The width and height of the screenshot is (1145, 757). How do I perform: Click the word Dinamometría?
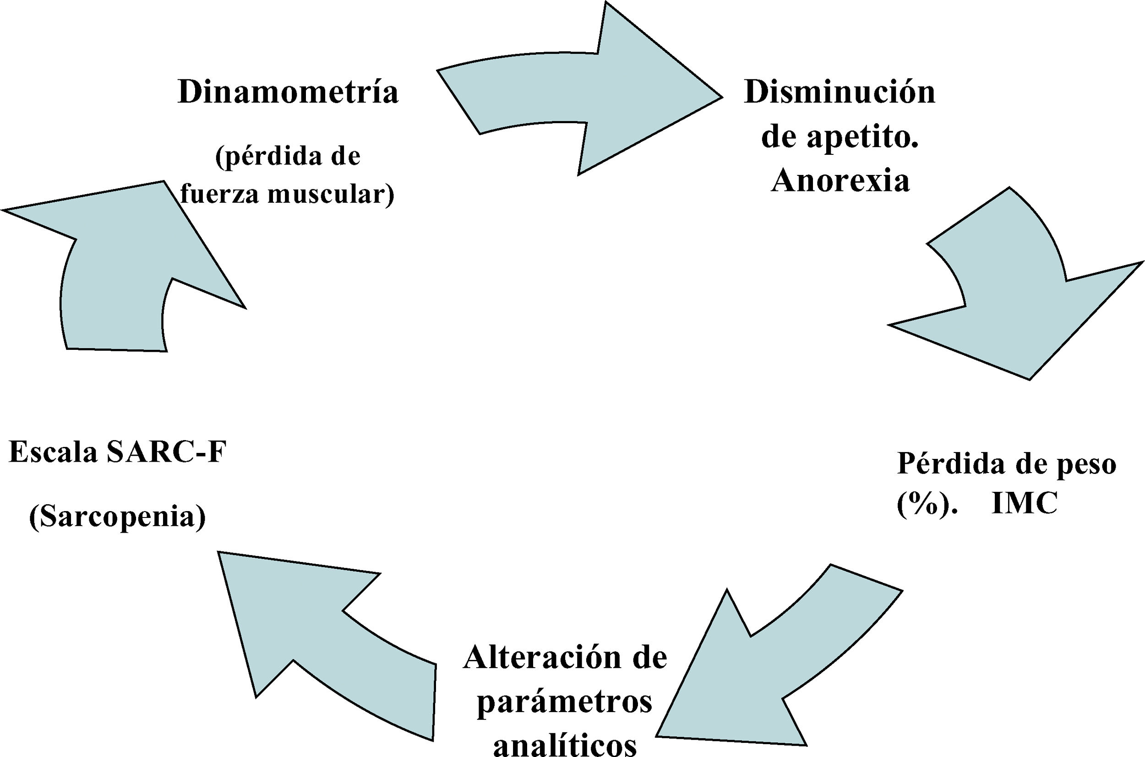tap(288, 92)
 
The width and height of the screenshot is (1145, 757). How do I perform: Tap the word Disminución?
tap(840, 92)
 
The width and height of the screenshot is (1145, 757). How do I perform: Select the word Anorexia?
tap(840, 181)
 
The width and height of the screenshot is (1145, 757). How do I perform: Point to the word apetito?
tap(864, 139)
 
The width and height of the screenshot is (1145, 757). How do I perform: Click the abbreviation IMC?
tap(1025, 505)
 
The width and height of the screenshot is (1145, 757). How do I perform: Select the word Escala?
tap(53, 453)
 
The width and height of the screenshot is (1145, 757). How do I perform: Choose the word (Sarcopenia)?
tap(118, 517)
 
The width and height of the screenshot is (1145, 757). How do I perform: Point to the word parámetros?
tap(565, 703)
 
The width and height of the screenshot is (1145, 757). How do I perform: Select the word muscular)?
tap(331, 194)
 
